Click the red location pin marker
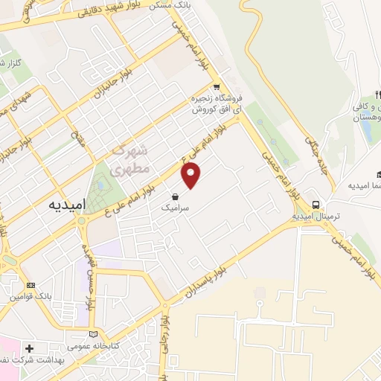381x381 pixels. tap(191, 176)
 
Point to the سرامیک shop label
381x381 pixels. tap(175, 210)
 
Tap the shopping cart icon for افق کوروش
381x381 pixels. tap(216, 86)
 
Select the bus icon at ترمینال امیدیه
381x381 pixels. tap(316, 205)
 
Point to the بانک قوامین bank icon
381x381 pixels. tap(31, 285)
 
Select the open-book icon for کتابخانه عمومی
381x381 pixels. tap(93, 334)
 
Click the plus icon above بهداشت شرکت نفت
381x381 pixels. tap(29, 348)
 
